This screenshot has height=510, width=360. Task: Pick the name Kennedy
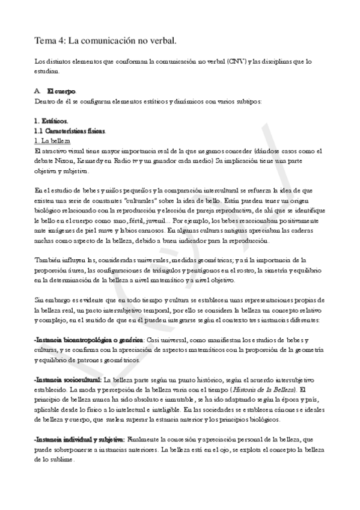pos(85,161)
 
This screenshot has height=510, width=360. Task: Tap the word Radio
pos(115,161)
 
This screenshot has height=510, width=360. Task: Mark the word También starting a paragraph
pos(48,260)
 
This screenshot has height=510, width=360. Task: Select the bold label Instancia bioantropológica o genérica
pos(88,339)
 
